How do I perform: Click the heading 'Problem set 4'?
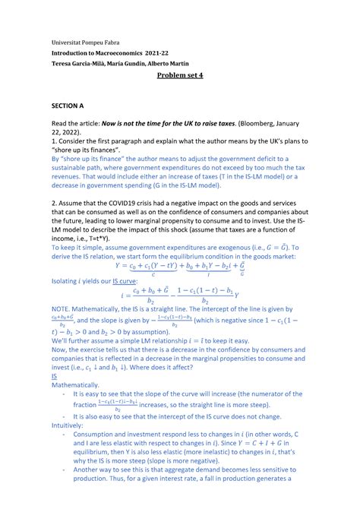[180, 76]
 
